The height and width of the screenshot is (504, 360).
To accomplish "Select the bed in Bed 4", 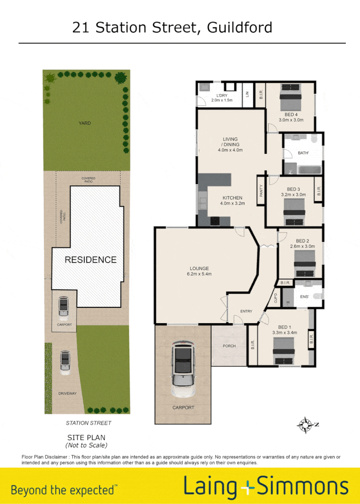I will pos(290,96).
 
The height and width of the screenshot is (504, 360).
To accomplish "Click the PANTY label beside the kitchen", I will pos(261,190).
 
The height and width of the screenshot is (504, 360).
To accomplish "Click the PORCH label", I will pos(229,346).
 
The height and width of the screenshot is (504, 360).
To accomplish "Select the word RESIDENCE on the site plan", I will pos(90,260).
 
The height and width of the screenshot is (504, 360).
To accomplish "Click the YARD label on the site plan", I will pos(85,123).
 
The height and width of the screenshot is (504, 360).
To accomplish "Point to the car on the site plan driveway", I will pos(65,362).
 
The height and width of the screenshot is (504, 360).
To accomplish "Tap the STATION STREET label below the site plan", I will pos(88,423).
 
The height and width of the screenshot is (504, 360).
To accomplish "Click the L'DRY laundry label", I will pos(222,95).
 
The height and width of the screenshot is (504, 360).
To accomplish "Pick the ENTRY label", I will pos(246,311).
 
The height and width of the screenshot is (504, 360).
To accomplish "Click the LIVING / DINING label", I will pos(231,142).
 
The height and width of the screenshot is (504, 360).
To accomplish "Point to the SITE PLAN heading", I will pos(86,437).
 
